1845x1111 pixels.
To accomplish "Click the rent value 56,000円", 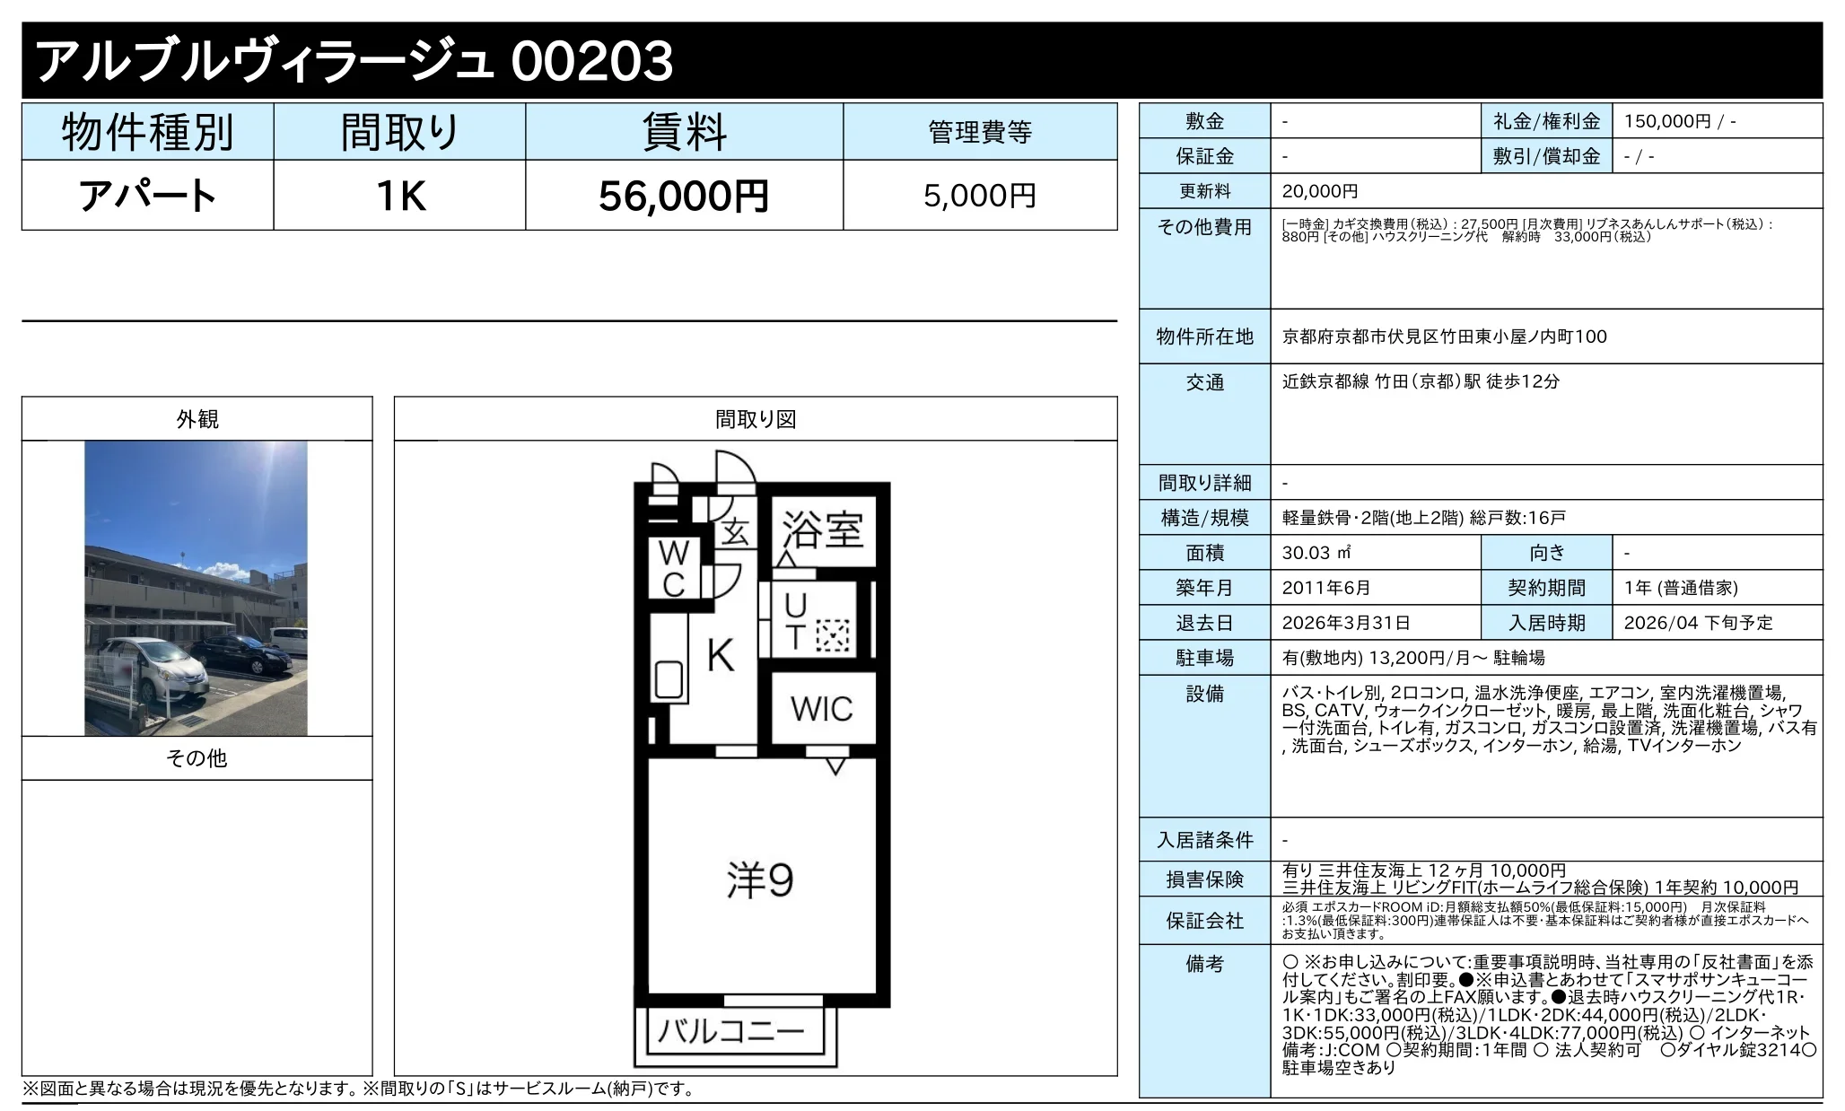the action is point(684,196).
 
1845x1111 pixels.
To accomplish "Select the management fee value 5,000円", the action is point(980,196).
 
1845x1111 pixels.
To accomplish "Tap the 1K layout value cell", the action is point(400,196).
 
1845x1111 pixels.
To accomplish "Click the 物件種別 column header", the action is point(148,133).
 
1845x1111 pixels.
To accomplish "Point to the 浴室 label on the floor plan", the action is point(823,529).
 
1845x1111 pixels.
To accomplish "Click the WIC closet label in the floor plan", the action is point(822,709).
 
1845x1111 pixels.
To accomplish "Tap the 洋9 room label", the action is point(760,880).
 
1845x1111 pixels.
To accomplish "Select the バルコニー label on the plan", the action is point(731,1031).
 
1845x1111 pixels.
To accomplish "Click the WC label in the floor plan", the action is point(674,568).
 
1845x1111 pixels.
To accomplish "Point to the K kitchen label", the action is point(721,656).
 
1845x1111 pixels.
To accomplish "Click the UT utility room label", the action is point(795,621).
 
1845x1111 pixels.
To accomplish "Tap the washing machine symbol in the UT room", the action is point(832,635).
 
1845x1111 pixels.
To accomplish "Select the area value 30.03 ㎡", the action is point(1316,553).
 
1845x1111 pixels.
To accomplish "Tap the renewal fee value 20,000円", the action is point(1320,191).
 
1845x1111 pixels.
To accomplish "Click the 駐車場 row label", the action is point(1205,658).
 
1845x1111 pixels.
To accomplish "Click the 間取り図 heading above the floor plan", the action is point(756,419).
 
